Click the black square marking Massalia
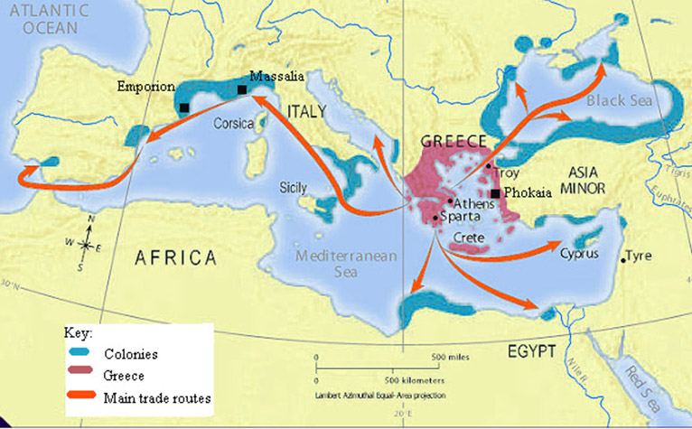click(241, 89)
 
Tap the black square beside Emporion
click(184, 107)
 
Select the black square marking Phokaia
click(495, 193)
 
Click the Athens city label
click(474, 203)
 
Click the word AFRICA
click(176, 257)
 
